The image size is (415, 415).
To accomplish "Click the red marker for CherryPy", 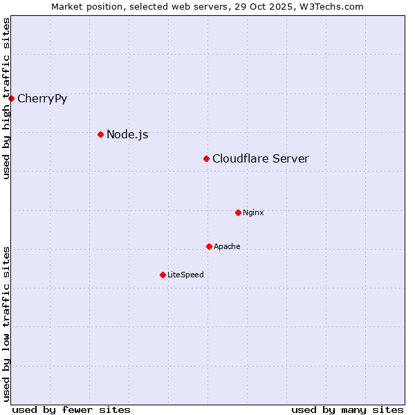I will [x=11, y=98].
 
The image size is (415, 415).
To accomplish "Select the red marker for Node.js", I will [x=100, y=134].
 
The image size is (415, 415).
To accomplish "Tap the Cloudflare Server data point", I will [x=206, y=159].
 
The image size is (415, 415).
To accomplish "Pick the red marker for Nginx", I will [x=238, y=212].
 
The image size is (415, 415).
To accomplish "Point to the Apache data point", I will [x=209, y=246].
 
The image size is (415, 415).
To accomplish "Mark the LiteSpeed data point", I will [x=163, y=275].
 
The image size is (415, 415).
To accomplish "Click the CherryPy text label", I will [x=42, y=98].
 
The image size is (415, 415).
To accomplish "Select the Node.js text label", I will [x=127, y=134].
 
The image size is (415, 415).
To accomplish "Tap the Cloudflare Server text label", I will [x=261, y=159].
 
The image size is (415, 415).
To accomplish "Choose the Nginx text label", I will [x=253, y=212].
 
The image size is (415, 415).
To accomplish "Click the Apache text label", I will [x=227, y=246].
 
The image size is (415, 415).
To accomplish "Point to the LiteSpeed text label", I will [x=185, y=275].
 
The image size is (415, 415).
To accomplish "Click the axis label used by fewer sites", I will [x=71, y=409].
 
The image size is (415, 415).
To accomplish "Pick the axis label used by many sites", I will [x=347, y=409].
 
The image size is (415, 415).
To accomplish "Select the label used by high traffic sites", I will [x=6, y=99].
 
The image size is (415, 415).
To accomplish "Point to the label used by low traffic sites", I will [x=6, y=324].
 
